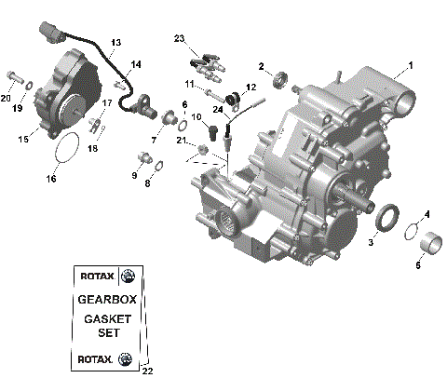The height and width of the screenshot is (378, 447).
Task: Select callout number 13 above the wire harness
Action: point(115,43)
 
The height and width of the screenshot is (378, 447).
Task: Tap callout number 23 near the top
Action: point(180,37)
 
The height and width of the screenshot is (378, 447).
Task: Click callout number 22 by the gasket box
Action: point(147,371)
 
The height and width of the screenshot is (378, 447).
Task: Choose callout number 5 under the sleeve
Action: point(418,265)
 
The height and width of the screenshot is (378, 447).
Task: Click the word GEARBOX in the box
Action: point(105,301)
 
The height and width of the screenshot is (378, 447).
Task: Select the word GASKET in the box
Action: point(105,319)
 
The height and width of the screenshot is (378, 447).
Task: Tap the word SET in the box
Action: point(105,335)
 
